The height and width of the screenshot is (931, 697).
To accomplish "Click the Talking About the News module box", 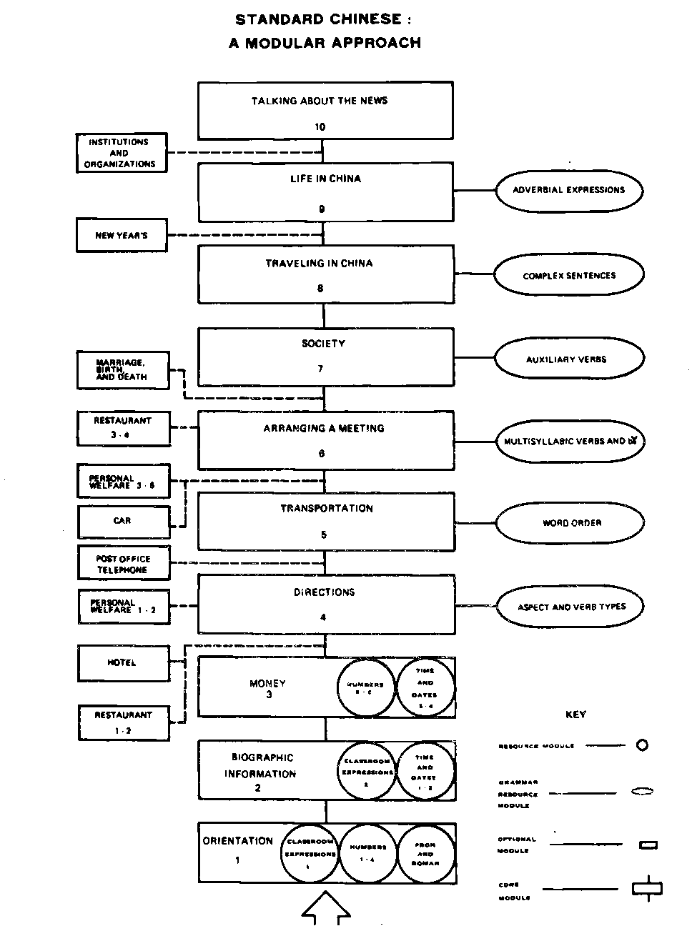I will [325, 110].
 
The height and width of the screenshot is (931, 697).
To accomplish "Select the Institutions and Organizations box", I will [122, 153].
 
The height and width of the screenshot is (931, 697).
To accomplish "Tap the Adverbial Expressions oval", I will [569, 190].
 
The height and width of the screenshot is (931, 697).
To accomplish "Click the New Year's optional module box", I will [122, 235].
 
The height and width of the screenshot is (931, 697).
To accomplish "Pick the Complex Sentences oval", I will [569, 275].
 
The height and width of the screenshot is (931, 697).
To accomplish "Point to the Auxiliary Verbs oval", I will [569, 359].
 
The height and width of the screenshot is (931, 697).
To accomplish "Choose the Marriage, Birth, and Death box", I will [123, 370].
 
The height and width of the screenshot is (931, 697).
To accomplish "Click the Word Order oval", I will [570, 523].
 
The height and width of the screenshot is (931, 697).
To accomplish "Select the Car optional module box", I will [123, 521].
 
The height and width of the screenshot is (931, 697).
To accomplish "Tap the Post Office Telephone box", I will [123, 564].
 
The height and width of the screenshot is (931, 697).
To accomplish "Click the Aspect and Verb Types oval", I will [570, 607].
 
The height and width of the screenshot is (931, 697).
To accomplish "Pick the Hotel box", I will [123, 663].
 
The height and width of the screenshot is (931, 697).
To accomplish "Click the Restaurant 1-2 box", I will [124, 722].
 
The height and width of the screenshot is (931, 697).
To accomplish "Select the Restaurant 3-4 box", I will [123, 427].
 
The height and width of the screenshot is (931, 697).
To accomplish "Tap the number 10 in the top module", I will [320, 127].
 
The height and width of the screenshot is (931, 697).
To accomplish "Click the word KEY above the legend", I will [575, 715].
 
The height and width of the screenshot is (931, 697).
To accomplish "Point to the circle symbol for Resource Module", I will [642, 745].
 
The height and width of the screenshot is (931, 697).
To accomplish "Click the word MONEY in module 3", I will [267, 684].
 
